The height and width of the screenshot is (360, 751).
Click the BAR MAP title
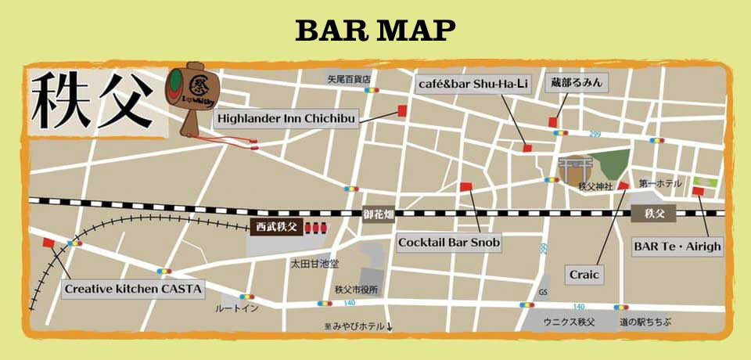coord(375,30)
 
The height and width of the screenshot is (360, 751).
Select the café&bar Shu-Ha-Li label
coord(472,85)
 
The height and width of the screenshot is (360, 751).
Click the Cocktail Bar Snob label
coord(448,243)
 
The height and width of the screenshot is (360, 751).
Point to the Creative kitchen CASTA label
coord(134,289)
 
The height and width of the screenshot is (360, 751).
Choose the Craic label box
coord(584,275)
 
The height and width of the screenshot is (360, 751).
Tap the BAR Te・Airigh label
coord(677,247)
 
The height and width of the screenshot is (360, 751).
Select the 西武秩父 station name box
coord(277,227)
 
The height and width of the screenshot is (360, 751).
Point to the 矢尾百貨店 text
coord(348,79)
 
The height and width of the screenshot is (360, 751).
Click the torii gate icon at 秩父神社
coord(573,168)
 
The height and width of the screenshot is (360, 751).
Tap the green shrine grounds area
coord(612,164)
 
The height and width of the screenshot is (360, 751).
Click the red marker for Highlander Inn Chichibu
coord(403,110)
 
